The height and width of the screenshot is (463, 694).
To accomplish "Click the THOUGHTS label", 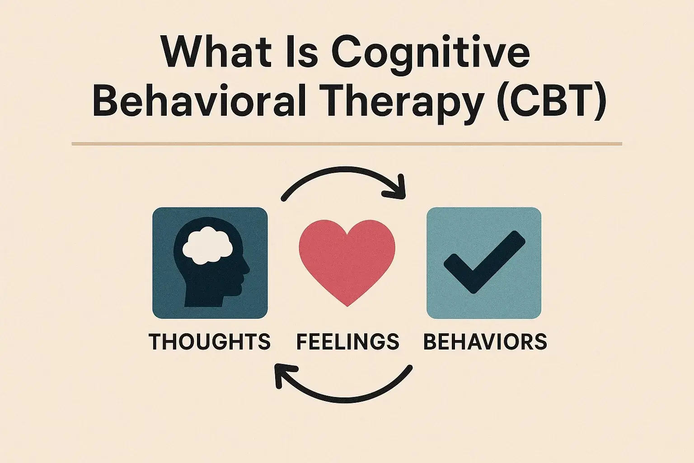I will click(x=210, y=341).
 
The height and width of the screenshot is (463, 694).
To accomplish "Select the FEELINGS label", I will click(x=347, y=341).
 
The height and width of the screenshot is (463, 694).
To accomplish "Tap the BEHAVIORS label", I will click(x=485, y=341).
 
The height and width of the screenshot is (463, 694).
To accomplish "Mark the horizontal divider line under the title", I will click(x=347, y=144).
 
